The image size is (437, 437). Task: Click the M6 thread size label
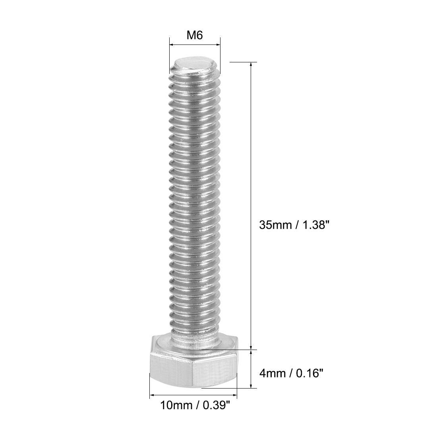tap(195, 35)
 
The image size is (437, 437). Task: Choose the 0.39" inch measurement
tap(215, 406)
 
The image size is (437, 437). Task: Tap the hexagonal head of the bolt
tap(193, 365)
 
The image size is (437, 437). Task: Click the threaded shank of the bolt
tap(194, 199)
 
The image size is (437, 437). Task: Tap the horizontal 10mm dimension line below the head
tap(193, 395)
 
